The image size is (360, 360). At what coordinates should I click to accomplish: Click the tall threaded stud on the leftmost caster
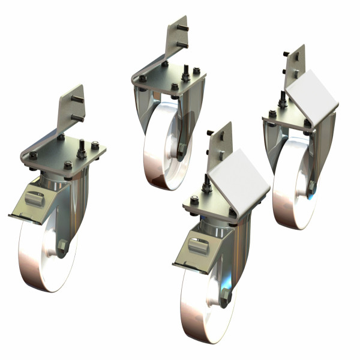point(80,147)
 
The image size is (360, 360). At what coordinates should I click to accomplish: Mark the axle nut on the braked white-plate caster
point(226,295)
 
